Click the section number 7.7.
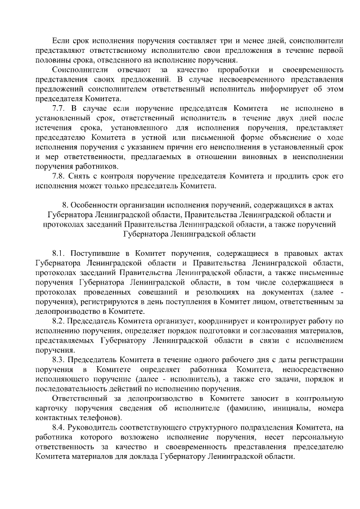(57, 107)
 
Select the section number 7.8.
(57, 175)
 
